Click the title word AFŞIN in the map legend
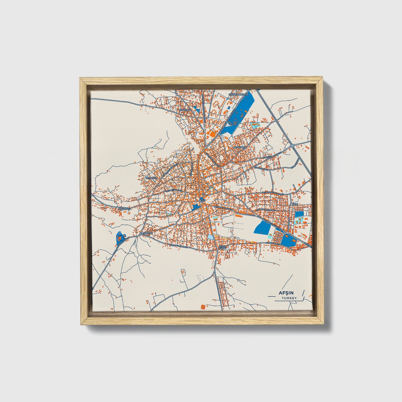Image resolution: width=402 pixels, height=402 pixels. (x=288, y=293)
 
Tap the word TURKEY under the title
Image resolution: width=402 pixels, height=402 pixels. (x=289, y=298)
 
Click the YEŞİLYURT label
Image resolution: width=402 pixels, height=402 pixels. (x=147, y=233)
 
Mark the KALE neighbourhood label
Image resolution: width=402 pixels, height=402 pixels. (x=295, y=204)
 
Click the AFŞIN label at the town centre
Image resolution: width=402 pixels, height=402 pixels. (x=202, y=200)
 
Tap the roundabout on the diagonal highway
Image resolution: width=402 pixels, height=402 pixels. (x=292, y=145)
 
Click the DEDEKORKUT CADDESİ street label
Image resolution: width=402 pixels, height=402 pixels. (x=273, y=193)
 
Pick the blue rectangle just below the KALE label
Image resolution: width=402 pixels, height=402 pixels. (x=299, y=214)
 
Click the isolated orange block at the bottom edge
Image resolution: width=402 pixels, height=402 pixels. (x=204, y=307)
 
